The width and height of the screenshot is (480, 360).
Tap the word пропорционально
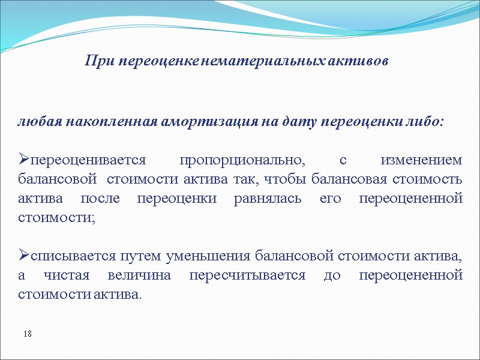(242, 160)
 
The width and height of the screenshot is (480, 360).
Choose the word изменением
(422, 160)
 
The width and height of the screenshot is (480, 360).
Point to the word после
(97, 198)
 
